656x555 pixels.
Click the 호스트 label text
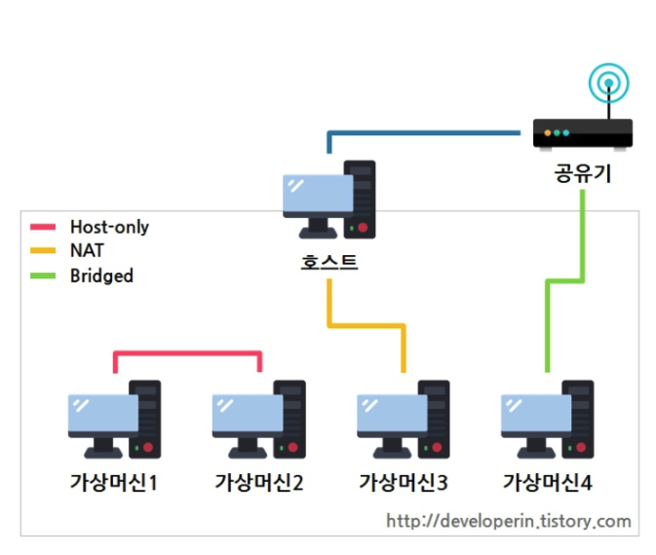pos(328,262)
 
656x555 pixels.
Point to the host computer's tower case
pos(361,199)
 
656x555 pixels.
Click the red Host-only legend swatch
pos(44,228)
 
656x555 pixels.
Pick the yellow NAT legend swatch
pos(44,251)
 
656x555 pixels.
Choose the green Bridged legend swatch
pos(44,276)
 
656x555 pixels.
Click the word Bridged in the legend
pos(101,276)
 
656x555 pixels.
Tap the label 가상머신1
pos(114,482)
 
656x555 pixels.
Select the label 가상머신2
pos(258,482)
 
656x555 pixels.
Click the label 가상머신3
pos(403,482)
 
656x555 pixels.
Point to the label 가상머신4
pos(548,482)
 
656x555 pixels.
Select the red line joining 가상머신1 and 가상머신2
pos(188,352)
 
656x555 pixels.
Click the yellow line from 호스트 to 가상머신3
pos(367,326)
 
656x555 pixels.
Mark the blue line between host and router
pos(429,131)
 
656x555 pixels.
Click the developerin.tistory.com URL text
pos(508,521)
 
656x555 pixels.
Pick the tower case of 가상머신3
pos(435,419)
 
